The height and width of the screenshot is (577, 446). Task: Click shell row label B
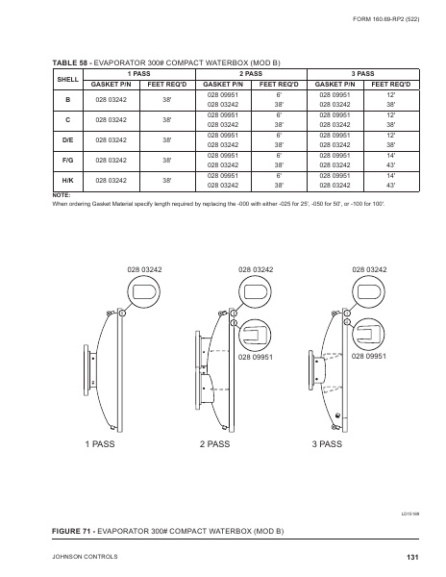[x=68, y=100]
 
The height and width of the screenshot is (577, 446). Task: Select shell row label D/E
[x=68, y=140]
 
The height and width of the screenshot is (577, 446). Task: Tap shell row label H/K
[x=68, y=181]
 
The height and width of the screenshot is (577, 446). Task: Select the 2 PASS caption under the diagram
[x=216, y=444]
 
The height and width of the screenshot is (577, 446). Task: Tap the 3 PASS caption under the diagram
[x=327, y=444]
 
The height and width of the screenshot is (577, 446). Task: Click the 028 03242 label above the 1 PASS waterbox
[x=144, y=272]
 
